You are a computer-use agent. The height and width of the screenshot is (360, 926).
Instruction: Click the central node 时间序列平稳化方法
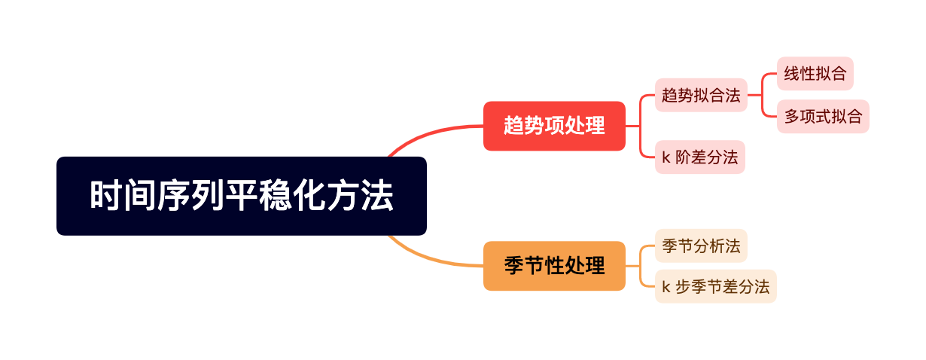click(241, 196)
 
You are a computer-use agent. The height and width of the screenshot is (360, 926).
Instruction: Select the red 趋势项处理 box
click(554, 126)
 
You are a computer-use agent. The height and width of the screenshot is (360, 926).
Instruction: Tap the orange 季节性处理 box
click(554, 266)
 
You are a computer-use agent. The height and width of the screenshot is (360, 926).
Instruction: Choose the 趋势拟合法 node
click(701, 95)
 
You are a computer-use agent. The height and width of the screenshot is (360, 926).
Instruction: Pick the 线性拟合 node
click(815, 74)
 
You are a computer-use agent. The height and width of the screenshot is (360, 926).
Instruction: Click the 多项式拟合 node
click(823, 117)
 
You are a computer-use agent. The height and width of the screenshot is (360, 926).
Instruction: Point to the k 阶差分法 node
click(699, 157)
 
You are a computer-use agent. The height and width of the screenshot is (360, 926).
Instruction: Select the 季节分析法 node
click(701, 246)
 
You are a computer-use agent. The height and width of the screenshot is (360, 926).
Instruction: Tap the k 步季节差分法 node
click(715, 287)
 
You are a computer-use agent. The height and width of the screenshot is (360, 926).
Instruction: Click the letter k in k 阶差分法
click(666, 157)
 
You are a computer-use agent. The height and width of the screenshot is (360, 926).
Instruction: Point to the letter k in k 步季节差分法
click(666, 287)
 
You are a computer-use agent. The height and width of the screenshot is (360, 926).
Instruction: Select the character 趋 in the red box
click(514, 126)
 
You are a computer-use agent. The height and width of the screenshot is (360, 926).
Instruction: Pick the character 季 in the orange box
click(514, 266)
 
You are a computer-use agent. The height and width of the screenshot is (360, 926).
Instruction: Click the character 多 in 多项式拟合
click(792, 117)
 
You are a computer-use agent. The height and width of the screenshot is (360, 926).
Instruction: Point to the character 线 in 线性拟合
click(792, 74)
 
